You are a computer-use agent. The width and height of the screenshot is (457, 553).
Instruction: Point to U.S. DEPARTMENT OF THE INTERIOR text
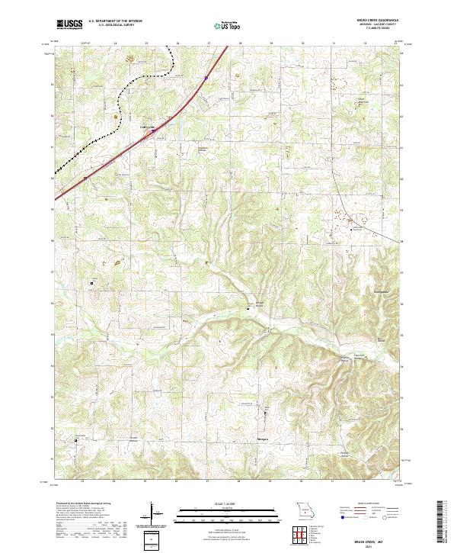pyautogui.click(x=115, y=21)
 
